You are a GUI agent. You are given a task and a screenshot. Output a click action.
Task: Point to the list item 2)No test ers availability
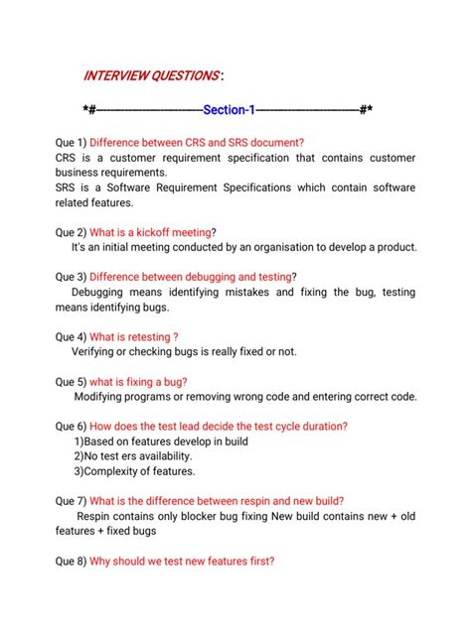click(x=138, y=456)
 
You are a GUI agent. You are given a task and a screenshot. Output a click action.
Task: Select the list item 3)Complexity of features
click(x=134, y=471)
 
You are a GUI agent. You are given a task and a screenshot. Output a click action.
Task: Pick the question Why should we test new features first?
click(x=182, y=561)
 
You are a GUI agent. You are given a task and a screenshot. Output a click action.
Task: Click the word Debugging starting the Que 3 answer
click(x=103, y=293)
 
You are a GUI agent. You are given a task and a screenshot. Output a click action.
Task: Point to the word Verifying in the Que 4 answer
click(x=96, y=352)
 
